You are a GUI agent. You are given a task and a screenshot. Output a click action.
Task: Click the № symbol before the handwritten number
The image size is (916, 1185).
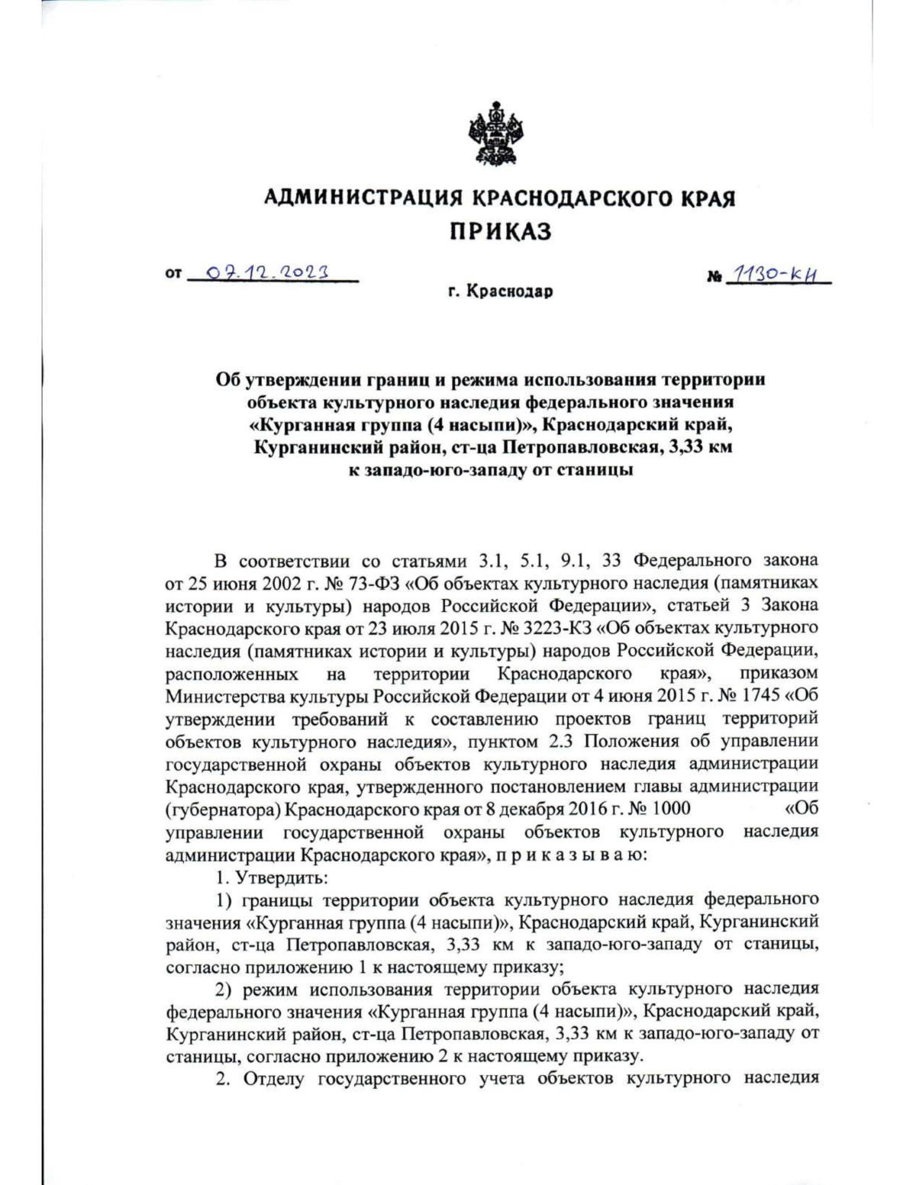(714, 275)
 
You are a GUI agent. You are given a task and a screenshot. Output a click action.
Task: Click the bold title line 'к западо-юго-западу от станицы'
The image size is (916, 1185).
(489, 470)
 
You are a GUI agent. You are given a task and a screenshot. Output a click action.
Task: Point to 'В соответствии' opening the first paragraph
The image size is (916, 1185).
(282, 562)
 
